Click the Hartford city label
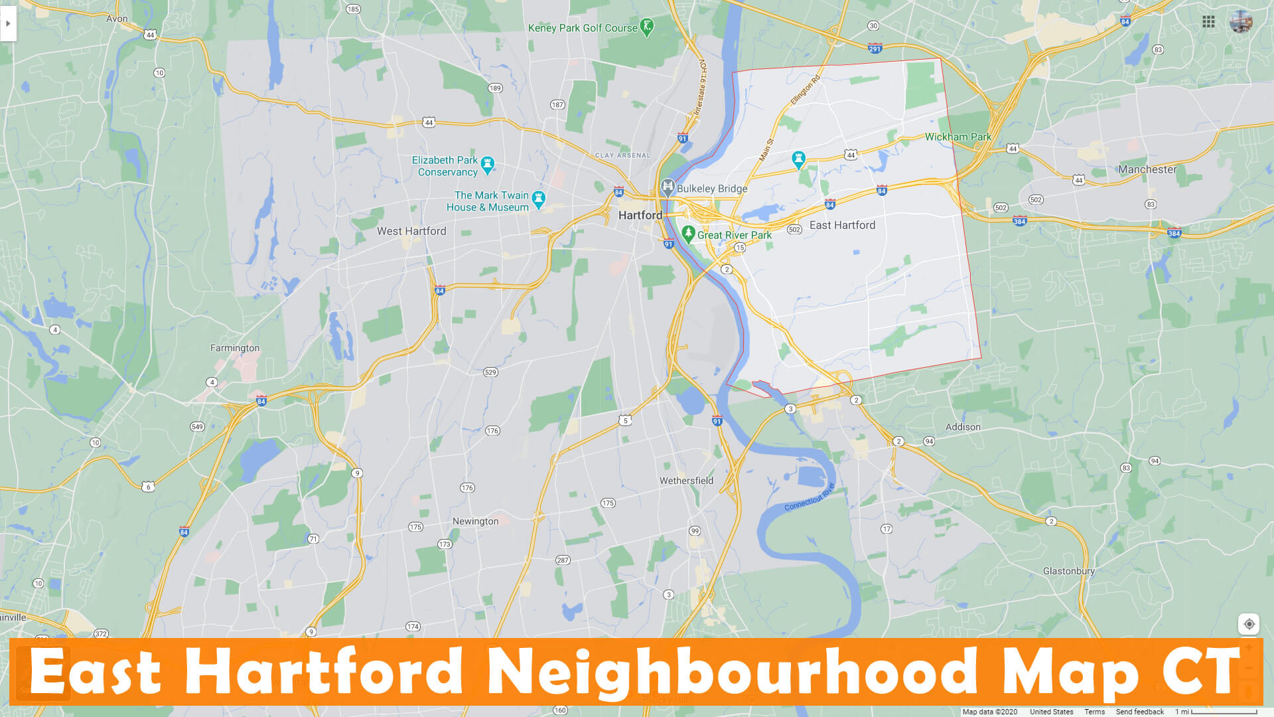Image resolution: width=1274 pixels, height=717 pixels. click(x=640, y=215)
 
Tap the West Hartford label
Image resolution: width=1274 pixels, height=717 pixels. click(x=411, y=231)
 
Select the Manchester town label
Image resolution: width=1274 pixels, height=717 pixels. click(x=1147, y=169)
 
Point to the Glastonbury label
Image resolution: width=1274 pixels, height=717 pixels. click(x=1068, y=571)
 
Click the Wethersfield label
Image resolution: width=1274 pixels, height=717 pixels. click(x=686, y=481)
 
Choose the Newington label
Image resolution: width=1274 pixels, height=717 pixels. click(x=475, y=521)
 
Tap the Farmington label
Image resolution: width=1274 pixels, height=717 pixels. click(x=235, y=348)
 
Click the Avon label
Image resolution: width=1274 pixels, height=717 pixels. click(x=117, y=19)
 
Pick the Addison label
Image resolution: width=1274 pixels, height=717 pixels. click(x=963, y=427)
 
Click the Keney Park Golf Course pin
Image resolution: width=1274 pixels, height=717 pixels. click(x=647, y=27)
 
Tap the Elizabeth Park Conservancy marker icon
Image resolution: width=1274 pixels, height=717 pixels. click(x=488, y=164)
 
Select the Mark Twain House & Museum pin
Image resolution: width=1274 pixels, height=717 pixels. click(x=539, y=199)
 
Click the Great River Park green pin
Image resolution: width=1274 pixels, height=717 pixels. click(x=688, y=234)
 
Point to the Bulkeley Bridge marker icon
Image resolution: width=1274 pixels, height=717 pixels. click(x=668, y=187)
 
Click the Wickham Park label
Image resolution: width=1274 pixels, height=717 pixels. click(x=957, y=137)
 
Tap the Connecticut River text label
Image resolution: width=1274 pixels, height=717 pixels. click(x=810, y=497)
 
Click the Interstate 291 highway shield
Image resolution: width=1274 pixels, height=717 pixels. click(x=875, y=48)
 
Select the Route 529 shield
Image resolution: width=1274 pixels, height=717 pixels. click(x=490, y=372)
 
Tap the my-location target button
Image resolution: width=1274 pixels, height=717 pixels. click(x=1249, y=624)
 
